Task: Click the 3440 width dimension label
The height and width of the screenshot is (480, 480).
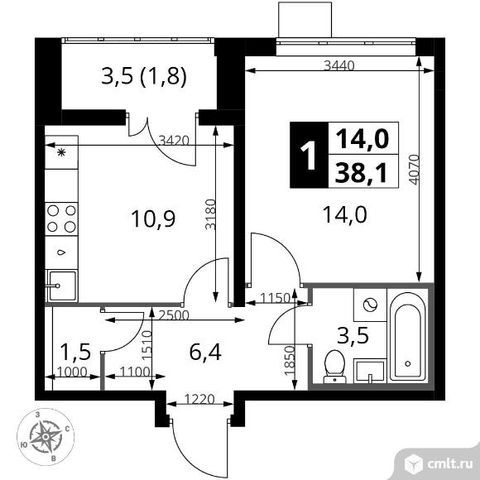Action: pos(339,65)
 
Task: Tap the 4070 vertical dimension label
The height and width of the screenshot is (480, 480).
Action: pos(414,170)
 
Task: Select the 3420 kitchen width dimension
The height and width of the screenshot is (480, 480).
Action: pos(175,141)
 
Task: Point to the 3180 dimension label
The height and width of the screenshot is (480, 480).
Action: pos(210,214)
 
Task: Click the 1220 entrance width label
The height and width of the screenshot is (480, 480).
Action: pos(199,399)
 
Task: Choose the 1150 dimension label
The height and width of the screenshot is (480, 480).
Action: pos(275,298)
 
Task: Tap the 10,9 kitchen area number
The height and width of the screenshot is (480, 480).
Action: pos(153,218)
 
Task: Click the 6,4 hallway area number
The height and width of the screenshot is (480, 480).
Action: pos(205,352)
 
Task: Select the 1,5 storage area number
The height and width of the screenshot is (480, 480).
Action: pos(75,352)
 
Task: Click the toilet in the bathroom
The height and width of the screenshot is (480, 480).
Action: pos(335,367)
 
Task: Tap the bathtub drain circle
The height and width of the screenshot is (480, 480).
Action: pos(408,363)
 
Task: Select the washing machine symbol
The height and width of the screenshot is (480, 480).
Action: pos(370,305)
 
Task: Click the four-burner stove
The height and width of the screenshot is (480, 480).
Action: pos(61,218)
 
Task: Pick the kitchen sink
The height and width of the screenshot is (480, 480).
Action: pos(61,286)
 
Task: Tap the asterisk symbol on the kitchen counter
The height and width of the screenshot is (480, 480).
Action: pos(61,152)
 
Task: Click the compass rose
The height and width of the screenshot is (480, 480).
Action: pos(46,436)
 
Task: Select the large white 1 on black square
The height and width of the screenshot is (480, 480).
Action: pos(309,155)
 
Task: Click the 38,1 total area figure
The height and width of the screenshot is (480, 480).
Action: pos(361,173)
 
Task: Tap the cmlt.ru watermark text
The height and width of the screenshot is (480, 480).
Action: pos(449,464)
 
